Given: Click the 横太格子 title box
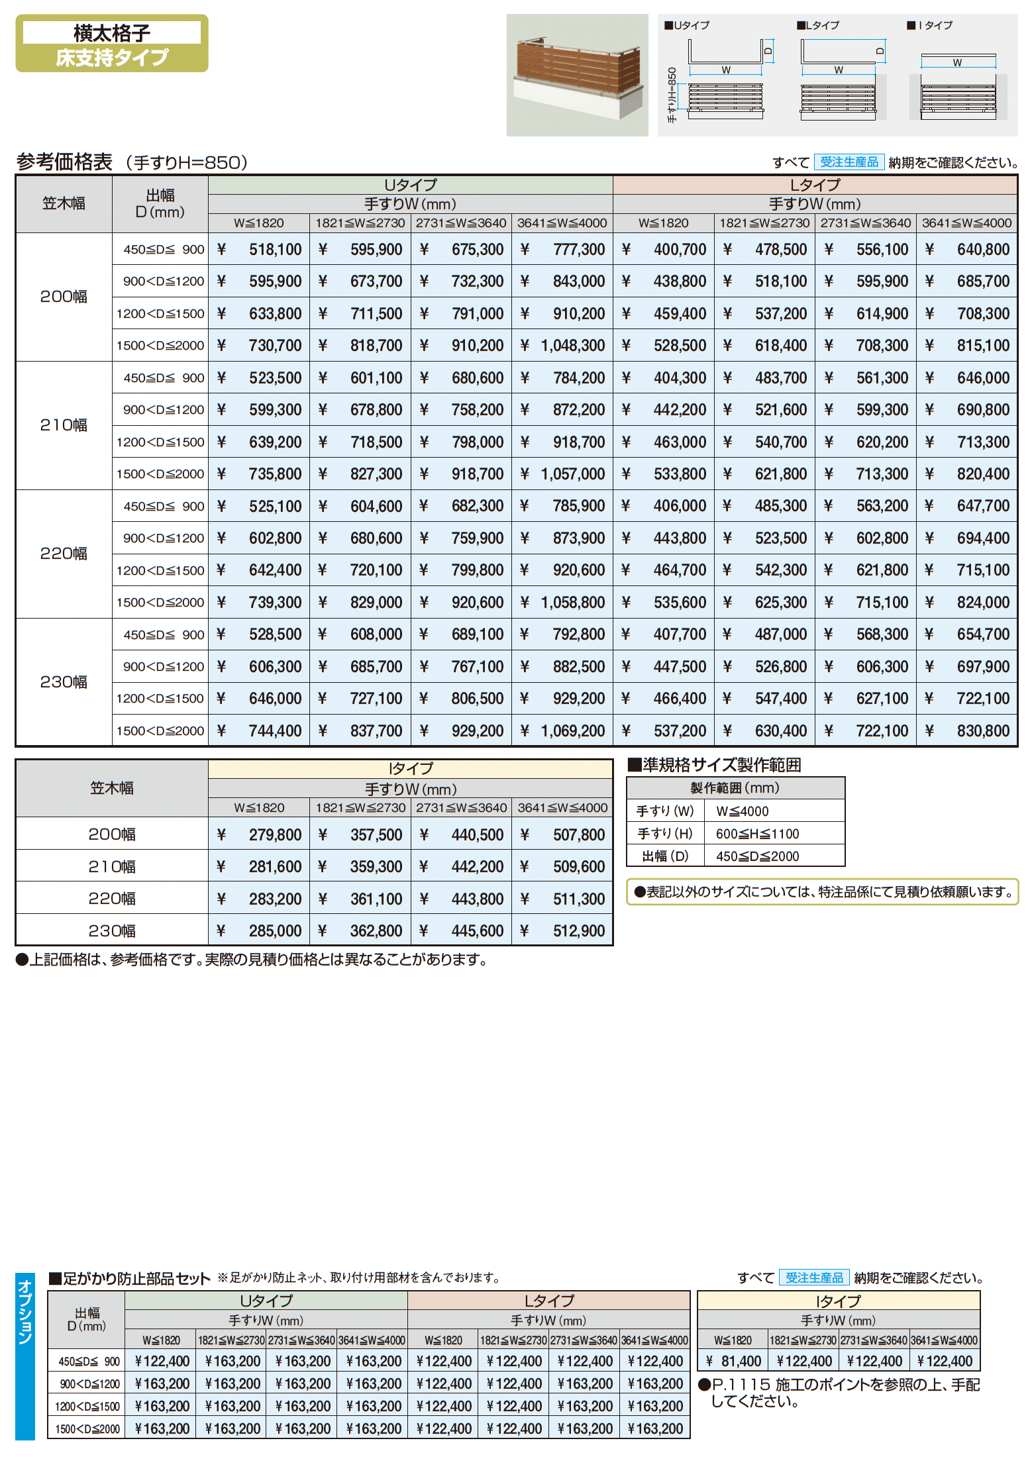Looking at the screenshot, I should (x=111, y=32).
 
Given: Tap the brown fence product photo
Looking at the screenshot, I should (x=577, y=75).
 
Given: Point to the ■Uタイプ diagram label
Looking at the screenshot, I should (x=687, y=25).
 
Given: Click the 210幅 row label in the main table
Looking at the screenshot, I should (x=64, y=425).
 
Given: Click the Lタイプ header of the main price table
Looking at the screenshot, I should (x=815, y=185).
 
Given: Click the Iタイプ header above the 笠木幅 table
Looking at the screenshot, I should (x=410, y=768).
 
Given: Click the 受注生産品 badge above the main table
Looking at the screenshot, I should (x=849, y=162).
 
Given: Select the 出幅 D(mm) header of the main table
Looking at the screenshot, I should (x=160, y=203).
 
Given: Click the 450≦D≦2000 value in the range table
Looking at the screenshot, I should (x=757, y=856).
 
